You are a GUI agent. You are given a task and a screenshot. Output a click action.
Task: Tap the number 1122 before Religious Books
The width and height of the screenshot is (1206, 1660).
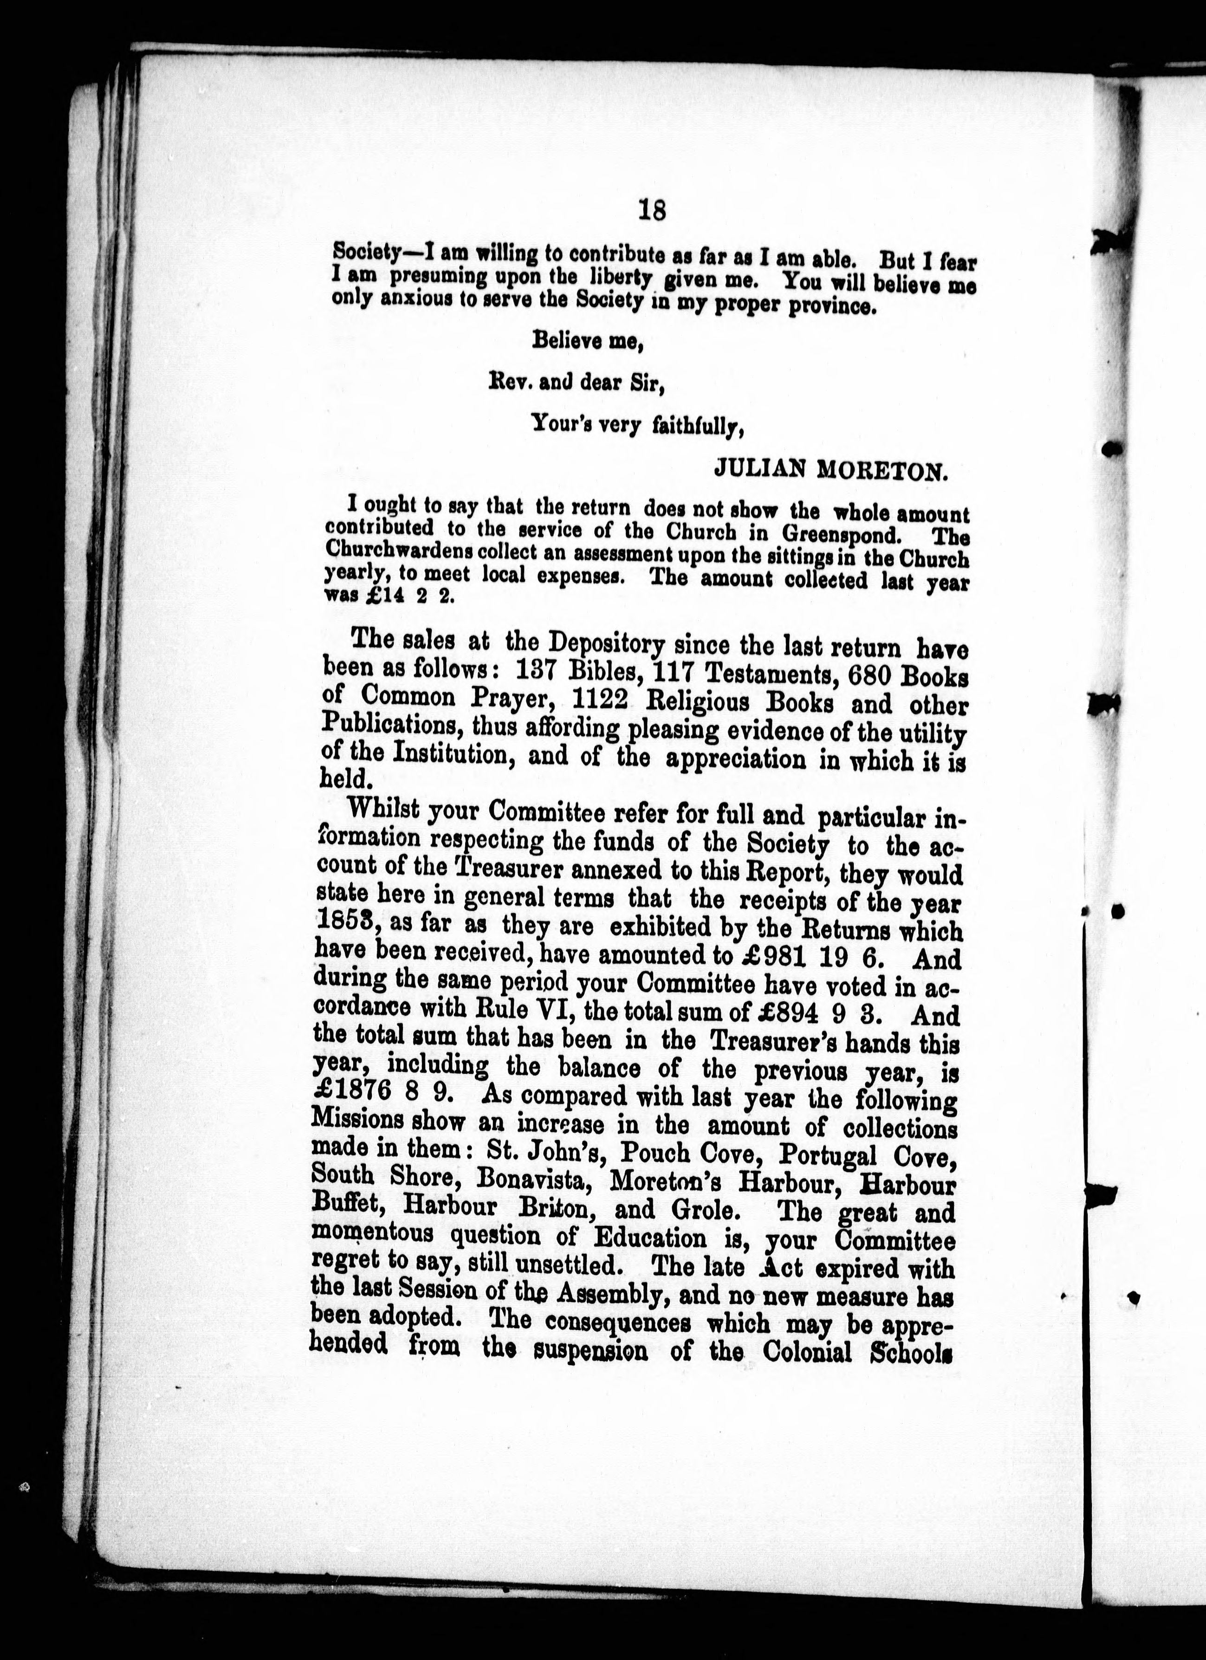[x=600, y=703]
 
